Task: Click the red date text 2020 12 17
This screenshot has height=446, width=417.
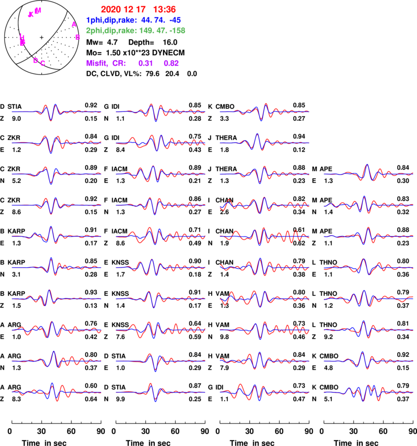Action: point(118,9)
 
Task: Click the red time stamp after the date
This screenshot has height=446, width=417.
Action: point(164,9)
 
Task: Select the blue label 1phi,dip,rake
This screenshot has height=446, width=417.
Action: point(111,20)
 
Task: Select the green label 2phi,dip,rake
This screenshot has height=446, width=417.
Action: point(111,31)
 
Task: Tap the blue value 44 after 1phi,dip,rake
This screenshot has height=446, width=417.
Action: point(145,20)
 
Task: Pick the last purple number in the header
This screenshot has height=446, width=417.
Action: point(171,63)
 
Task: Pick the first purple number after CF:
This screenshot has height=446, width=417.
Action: point(145,63)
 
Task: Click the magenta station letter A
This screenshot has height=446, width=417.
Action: point(73,24)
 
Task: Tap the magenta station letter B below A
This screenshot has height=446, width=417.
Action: point(78,37)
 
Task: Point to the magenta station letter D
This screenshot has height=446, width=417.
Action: point(35,60)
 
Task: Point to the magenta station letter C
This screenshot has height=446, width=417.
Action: point(43,63)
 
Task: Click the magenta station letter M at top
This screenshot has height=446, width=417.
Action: point(38,10)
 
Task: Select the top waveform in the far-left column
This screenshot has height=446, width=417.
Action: point(56,111)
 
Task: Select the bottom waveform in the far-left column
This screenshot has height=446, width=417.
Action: point(56,392)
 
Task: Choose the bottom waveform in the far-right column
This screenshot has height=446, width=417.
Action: point(369,392)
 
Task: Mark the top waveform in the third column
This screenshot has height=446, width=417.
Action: point(264,111)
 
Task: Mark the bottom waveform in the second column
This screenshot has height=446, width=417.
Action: point(161,392)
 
